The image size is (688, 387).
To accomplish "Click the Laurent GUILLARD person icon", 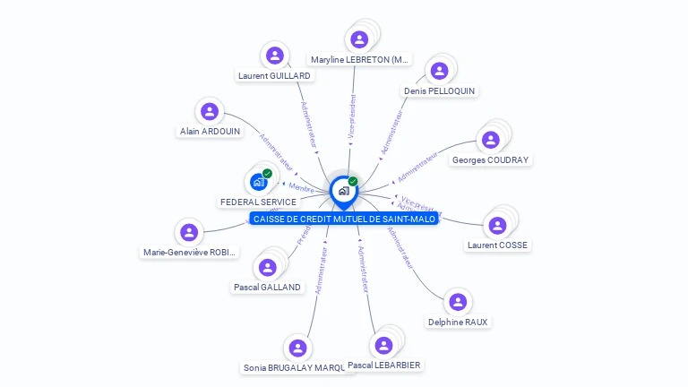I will click(275, 56).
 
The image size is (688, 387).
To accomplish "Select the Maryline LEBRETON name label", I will click(360, 60).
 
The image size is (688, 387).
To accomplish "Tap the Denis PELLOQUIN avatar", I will click(439, 71).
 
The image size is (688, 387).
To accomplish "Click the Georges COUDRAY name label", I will click(490, 160).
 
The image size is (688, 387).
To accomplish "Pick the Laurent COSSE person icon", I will click(498, 225).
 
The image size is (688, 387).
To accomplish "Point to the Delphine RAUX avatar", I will click(458, 302).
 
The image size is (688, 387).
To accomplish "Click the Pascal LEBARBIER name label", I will click(384, 365).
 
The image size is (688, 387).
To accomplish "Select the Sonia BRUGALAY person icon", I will click(298, 348).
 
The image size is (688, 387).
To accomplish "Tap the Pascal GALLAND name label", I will click(267, 288).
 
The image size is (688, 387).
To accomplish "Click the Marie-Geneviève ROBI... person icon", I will click(188, 233).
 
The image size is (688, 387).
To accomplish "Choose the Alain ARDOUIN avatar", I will click(210, 111).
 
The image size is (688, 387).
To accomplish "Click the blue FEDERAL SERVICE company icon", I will click(258, 182).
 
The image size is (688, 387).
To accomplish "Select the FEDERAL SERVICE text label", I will click(258, 202).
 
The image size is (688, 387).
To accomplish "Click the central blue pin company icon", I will click(343, 190).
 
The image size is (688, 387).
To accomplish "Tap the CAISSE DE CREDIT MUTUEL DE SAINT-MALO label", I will click(344, 219).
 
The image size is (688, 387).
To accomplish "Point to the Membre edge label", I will click(301, 187).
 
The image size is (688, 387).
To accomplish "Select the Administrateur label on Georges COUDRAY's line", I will click(417, 165).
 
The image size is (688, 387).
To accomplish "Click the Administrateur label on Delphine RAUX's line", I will click(400, 247).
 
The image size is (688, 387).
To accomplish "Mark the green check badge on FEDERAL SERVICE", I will click(267, 173).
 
